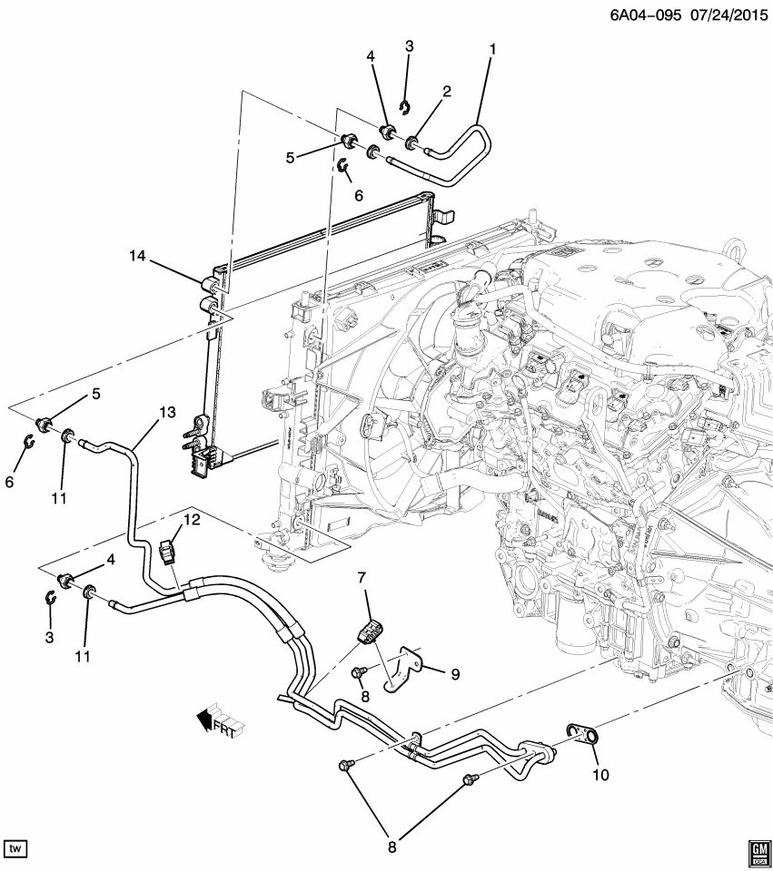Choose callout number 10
tap(601, 775)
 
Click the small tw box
tap(15, 848)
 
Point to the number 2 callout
tap(447, 91)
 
